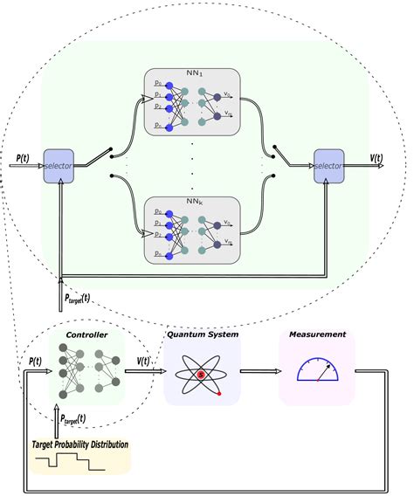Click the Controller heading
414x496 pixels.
click(86, 335)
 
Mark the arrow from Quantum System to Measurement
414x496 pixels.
click(259, 371)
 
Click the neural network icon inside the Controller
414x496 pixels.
click(86, 370)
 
